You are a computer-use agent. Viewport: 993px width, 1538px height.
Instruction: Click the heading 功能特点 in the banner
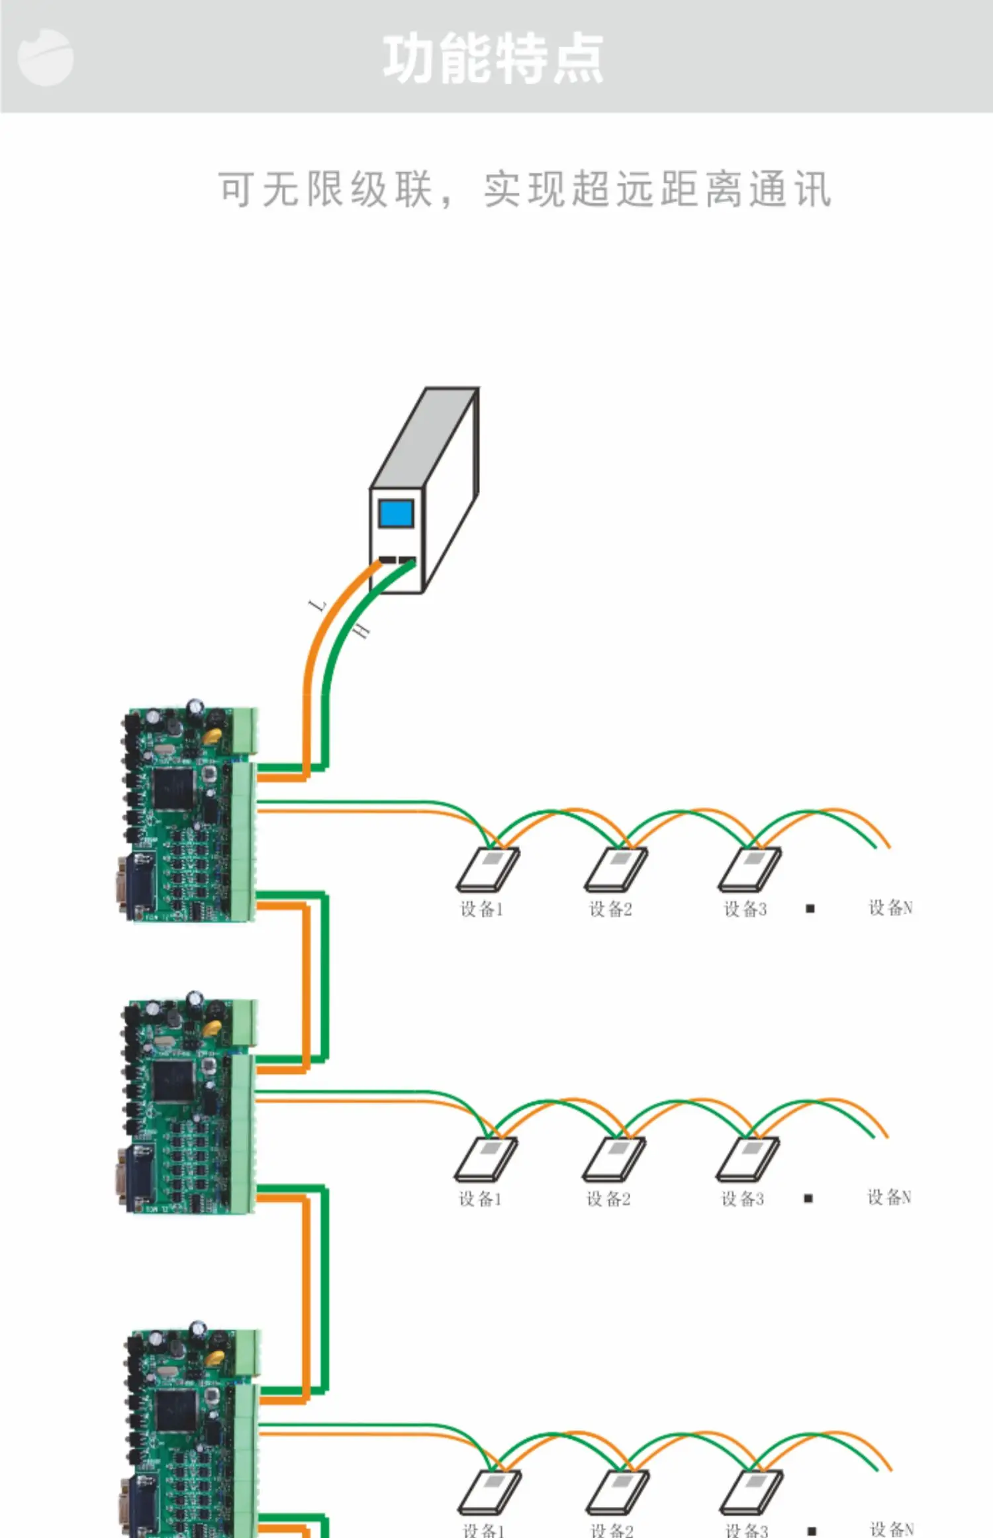(493, 59)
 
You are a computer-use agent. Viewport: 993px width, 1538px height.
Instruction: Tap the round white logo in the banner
(45, 58)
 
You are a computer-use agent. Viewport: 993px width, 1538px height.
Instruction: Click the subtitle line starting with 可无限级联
(524, 189)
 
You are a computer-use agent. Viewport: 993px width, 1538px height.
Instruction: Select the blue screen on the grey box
(396, 513)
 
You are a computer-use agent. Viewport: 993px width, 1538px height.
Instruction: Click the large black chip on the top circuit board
(173, 788)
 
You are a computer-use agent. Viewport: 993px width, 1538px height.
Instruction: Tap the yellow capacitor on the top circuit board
(212, 735)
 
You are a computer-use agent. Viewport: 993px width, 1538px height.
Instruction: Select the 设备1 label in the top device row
(482, 909)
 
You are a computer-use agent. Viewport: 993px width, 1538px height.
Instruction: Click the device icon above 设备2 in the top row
(616, 868)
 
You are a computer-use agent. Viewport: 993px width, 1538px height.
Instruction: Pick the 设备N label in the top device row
(890, 907)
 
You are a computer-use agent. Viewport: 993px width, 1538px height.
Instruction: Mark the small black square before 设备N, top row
(810, 909)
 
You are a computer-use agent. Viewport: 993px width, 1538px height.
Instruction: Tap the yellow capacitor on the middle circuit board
(212, 1027)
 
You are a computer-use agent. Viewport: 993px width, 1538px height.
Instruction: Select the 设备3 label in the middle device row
(742, 1199)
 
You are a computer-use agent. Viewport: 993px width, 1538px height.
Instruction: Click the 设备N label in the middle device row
(889, 1197)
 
